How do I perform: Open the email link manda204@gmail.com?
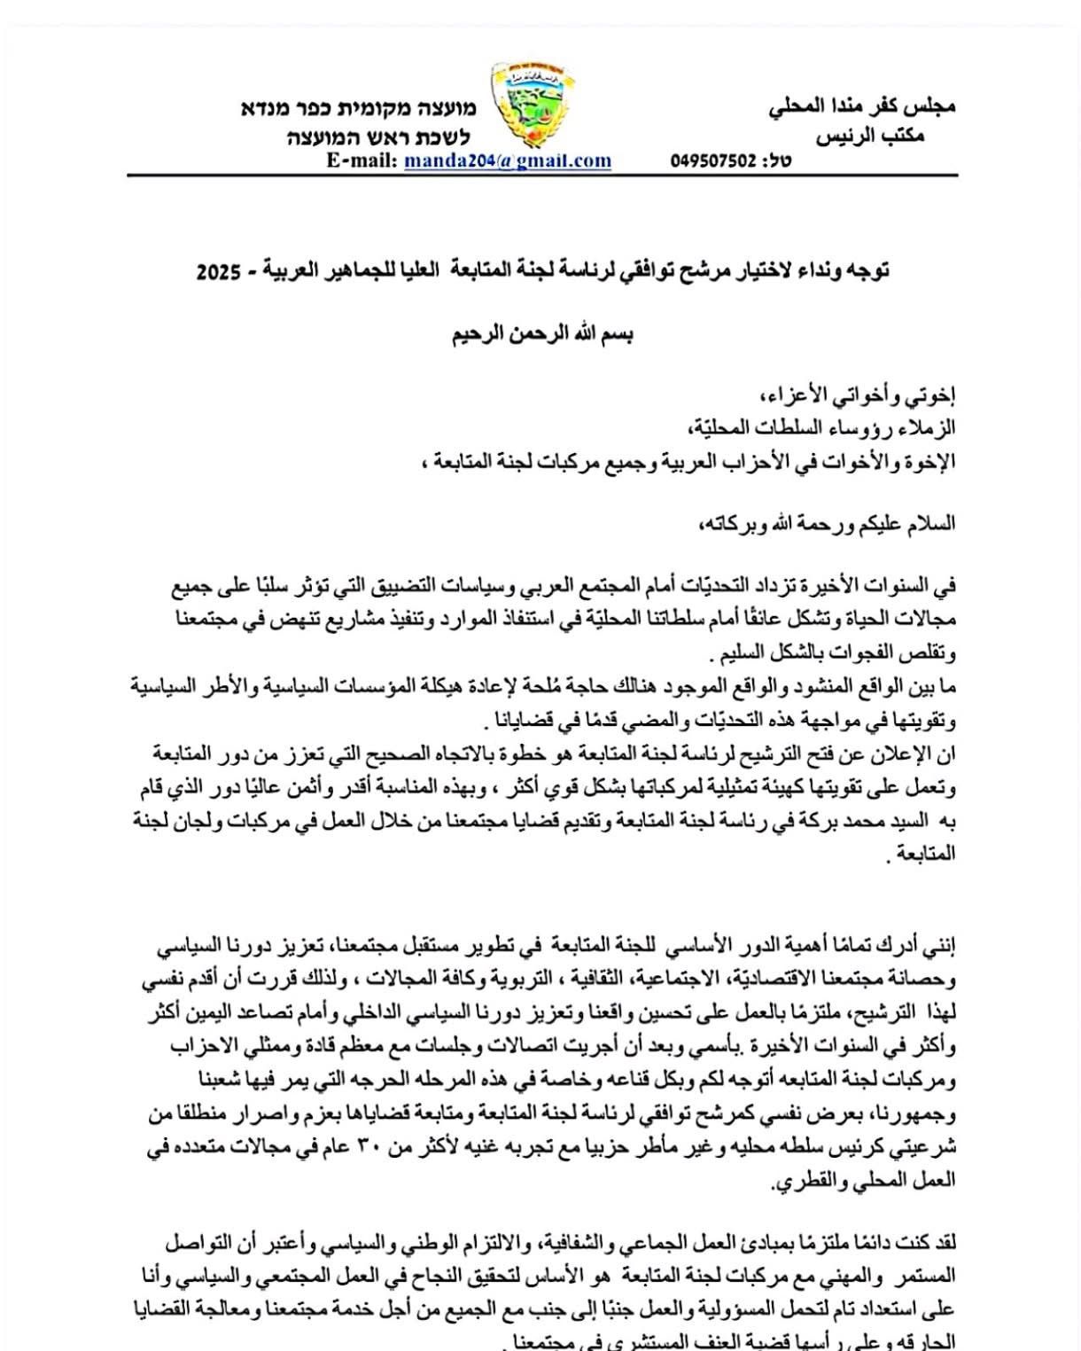click(x=508, y=161)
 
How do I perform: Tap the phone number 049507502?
click(x=713, y=161)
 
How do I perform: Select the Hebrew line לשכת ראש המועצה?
click(x=378, y=137)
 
